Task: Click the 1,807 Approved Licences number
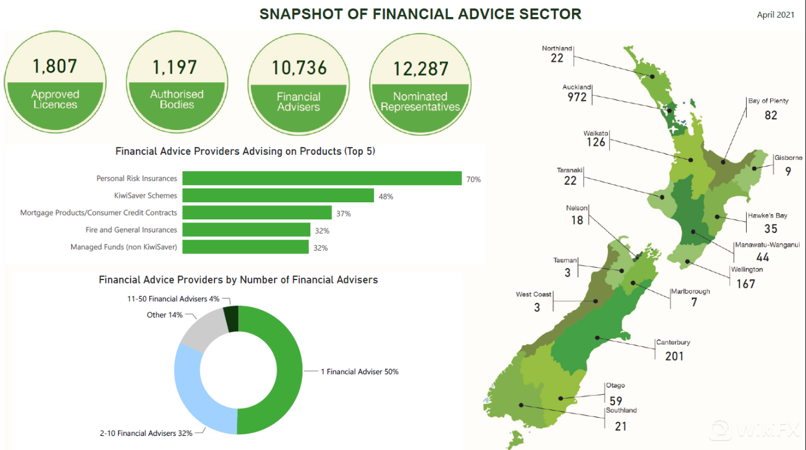[55, 66]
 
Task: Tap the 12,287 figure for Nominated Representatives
[420, 68]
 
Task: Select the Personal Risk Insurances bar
[322, 178]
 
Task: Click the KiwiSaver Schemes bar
[278, 195]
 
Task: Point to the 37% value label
[343, 214]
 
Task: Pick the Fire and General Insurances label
[131, 230]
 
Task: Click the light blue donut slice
[194, 388]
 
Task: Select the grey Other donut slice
[203, 329]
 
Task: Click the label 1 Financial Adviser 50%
[359, 372]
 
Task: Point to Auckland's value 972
[577, 97]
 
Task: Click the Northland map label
[557, 48]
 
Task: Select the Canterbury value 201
[674, 356]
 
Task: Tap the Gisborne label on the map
[788, 158]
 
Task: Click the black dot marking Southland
[521, 405]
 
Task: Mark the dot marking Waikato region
[691, 159]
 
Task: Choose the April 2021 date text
[775, 15]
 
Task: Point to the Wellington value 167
[745, 284]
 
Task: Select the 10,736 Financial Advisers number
[299, 68]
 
